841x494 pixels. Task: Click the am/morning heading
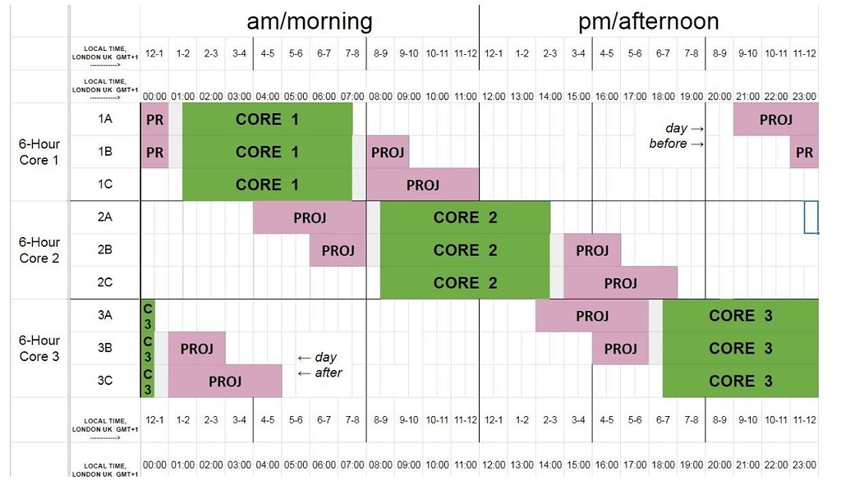(x=310, y=20)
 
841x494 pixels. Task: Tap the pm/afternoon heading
(x=648, y=20)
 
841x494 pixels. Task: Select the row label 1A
(x=105, y=119)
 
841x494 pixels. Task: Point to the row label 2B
(x=105, y=250)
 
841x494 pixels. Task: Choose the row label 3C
(x=105, y=382)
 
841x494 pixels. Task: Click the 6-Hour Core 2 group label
(x=39, y=250)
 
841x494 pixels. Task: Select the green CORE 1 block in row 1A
(x=267, y=120)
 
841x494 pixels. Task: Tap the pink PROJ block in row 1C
(x=422, y=185)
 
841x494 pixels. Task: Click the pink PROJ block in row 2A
(x=310, y=217)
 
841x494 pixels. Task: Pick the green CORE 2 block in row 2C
(x=465, y=283)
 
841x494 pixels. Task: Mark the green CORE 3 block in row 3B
(x=740, y=349)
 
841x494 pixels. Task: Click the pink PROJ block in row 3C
(x=224, y=382)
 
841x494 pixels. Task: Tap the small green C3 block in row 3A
(x=148, y=316)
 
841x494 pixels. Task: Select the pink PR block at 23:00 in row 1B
(x=804, y=153)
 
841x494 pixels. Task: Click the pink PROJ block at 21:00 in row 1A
(x=775, y=120)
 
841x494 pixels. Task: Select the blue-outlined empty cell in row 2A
(x=811, y=217)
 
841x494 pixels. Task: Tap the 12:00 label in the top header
(x=493, y=96)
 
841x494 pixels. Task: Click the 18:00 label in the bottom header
(x=663, y=464)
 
